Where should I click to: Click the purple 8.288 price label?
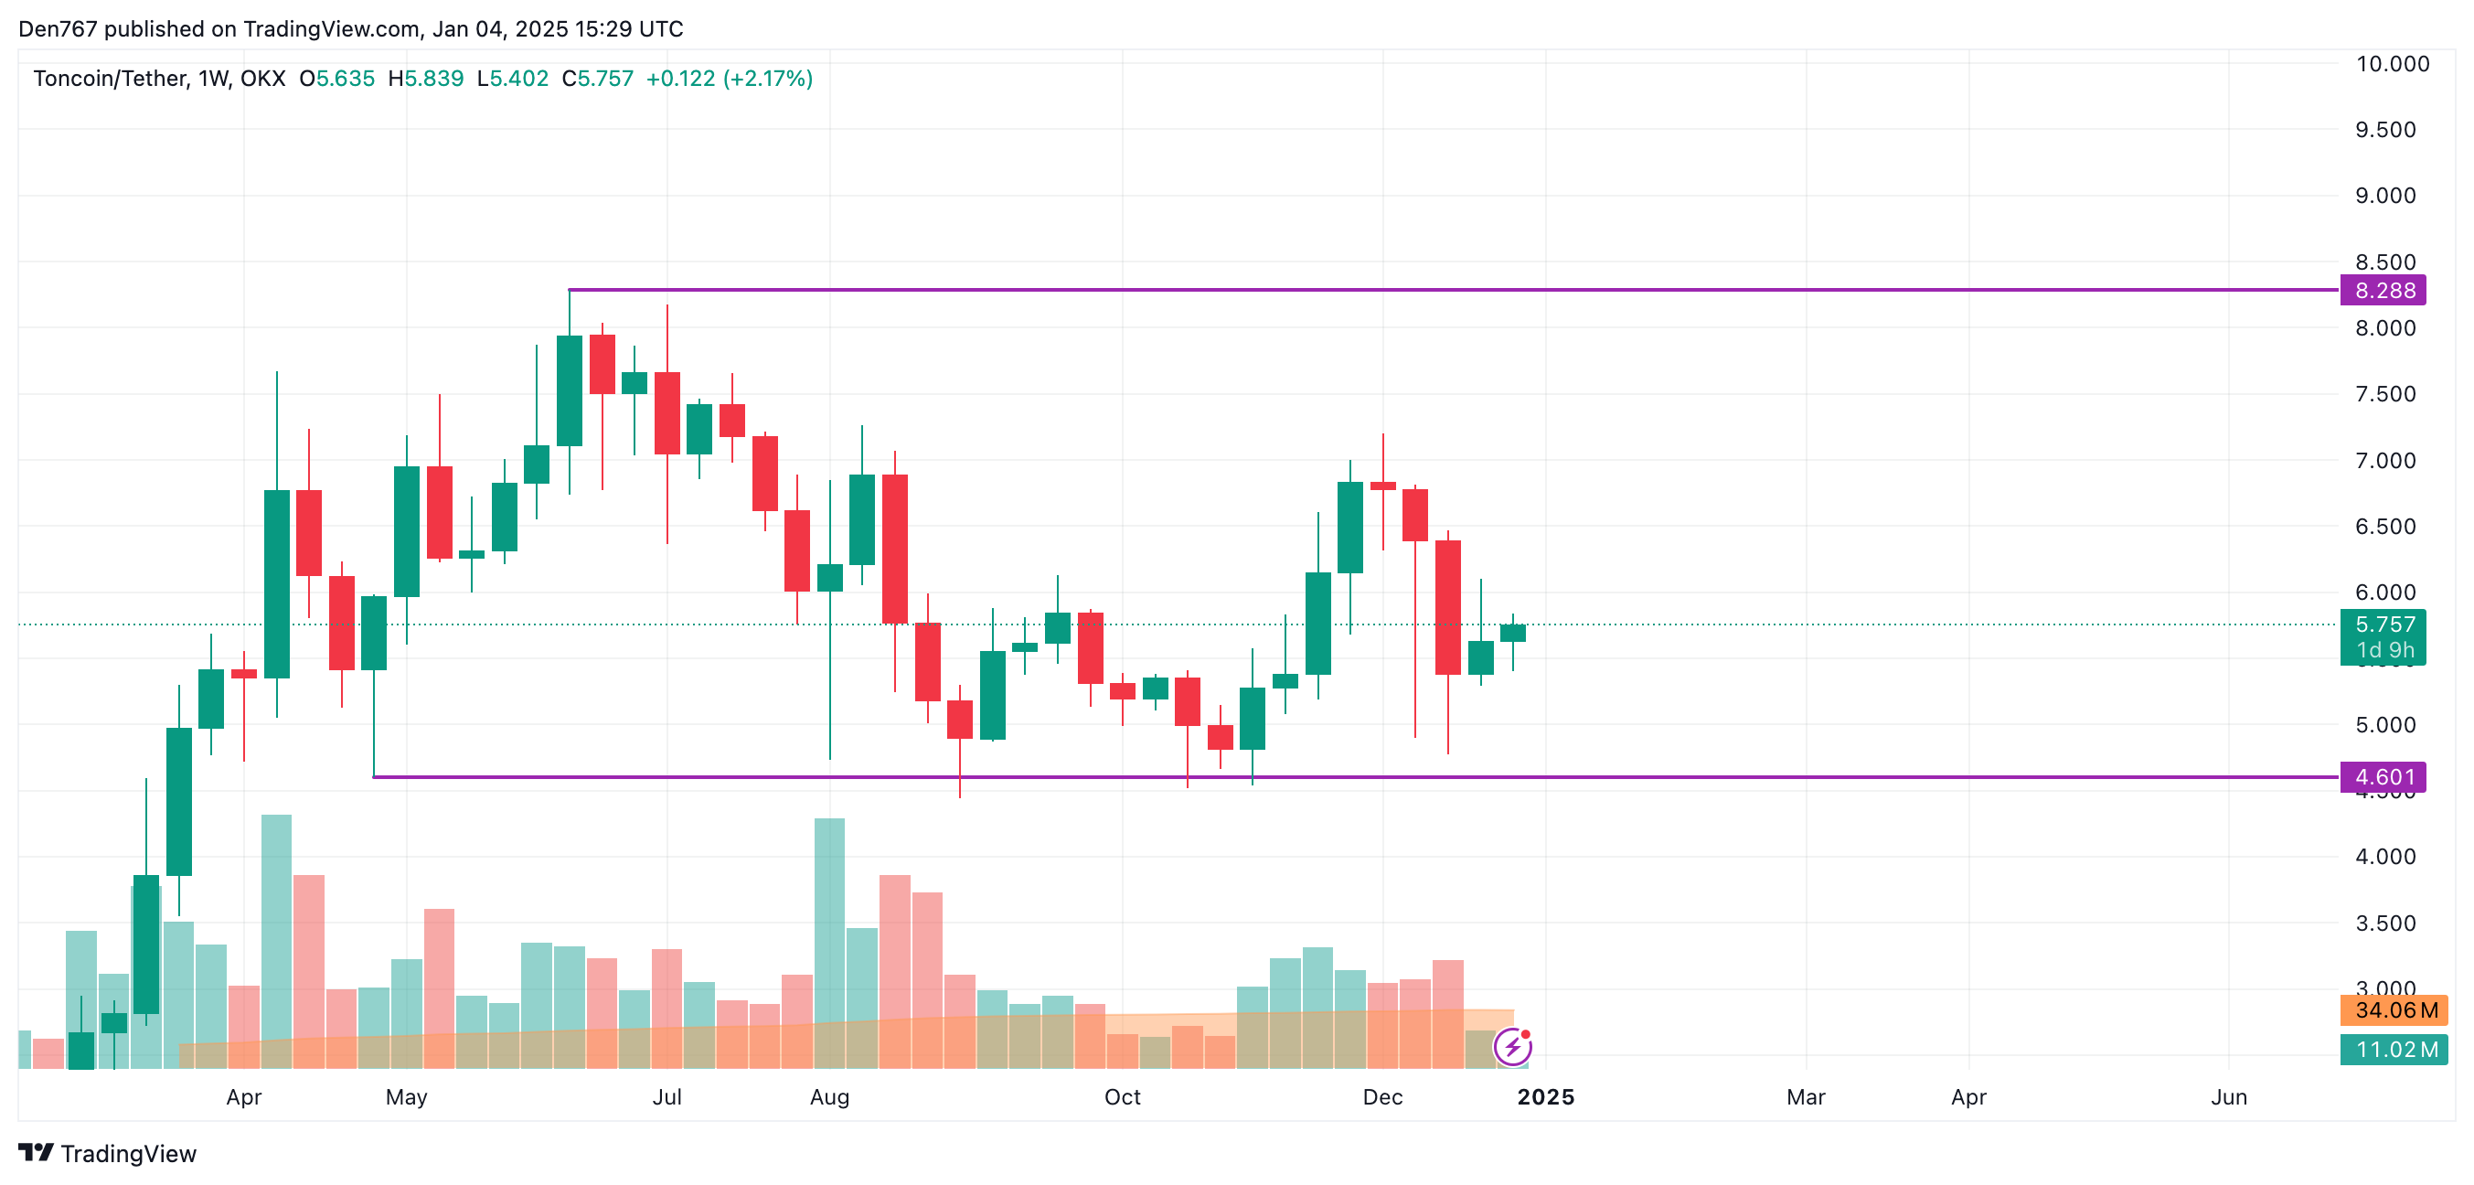click(2383, 290)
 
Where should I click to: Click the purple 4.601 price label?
click(2383, 777)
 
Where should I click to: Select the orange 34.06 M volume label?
click(2395, 1010)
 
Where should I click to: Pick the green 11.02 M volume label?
click(2395, 1050)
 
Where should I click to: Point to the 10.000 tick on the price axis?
click(2392, 64)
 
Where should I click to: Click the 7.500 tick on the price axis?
click(2384, 395)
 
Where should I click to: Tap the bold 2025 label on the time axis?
click(1545, 1097)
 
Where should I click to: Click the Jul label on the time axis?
click(666, 1097)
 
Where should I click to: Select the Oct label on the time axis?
click(1122, 1097)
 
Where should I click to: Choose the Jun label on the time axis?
click(2228, 1097)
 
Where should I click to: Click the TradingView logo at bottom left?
click(108, 1153)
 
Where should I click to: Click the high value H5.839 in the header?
click(425, 79)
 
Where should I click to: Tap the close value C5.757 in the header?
click(597, 79)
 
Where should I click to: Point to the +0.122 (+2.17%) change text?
click(729, 79)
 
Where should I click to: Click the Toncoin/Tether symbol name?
click(111, 79)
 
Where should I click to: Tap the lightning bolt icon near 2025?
click(1512, 1047)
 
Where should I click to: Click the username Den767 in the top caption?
click(58, 29)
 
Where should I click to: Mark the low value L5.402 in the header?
click(513, 79)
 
